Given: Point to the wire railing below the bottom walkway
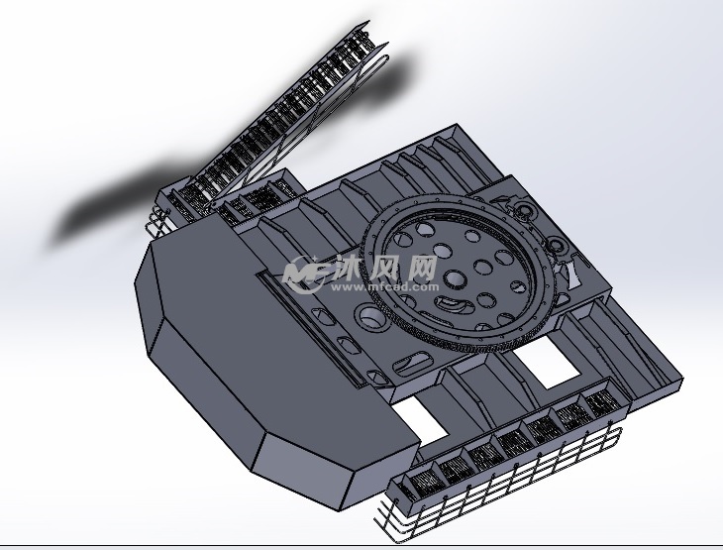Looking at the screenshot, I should tap(495, 495).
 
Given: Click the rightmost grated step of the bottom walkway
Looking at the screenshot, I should tap(602, 402).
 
